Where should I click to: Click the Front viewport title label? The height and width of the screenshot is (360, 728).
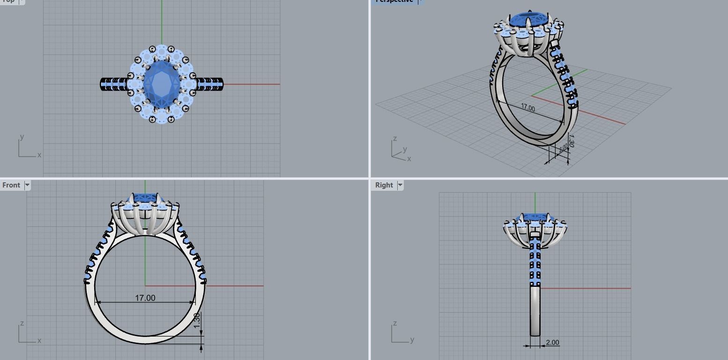tap(11, 185)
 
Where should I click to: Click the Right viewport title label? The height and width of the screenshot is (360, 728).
tap(384, 185)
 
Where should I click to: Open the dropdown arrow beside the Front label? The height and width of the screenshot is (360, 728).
tap(27, 185)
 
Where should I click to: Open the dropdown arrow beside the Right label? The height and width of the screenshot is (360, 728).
tap(400, 185)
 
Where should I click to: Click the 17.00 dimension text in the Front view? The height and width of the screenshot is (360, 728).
tap(145, 298)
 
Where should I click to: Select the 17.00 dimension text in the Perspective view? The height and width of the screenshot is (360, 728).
tap(527, 108)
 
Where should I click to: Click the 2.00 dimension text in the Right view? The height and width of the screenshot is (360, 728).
tap(552, 343)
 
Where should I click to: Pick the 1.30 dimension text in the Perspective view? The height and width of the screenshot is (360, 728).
tap(570, 140)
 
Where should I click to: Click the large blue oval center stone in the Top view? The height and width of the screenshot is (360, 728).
tap(162, 83)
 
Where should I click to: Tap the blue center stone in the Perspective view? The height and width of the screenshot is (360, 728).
tap(528, 20)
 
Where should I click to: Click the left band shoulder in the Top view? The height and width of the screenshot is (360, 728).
tap(114, 84)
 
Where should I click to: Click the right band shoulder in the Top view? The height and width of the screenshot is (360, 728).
tap(209, 84)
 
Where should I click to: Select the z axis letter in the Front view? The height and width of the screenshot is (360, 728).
tap(22, 323)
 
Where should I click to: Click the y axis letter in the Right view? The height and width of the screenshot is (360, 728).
tap(412, 339)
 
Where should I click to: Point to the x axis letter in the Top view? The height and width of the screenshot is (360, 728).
tap(39, 155)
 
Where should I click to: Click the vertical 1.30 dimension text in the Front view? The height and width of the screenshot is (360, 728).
tap(197, 320)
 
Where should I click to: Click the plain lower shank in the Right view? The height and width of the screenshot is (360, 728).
tap(535, 312)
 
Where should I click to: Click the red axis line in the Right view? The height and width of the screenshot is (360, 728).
tap(586, 288)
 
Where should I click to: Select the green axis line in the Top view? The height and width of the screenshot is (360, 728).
tap(162, 23)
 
